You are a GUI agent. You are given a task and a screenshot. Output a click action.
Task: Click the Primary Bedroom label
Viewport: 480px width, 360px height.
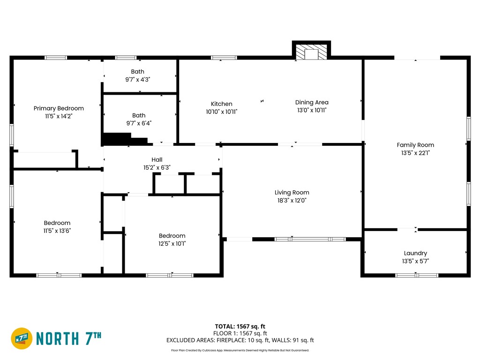click(59, 108)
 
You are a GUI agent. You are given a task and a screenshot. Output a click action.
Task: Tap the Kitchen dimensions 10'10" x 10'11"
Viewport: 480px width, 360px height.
click(222, 112)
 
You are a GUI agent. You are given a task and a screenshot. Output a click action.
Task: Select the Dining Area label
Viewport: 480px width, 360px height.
click(312, 102)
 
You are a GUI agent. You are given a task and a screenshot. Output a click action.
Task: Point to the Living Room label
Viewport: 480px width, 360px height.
click(292, 193)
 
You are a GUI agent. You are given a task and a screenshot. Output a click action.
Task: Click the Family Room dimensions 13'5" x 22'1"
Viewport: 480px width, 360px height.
click(415, 153)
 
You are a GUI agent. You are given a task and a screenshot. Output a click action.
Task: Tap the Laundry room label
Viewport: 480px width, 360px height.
click(415, 253)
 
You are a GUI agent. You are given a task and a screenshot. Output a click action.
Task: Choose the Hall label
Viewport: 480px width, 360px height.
click(157, 159)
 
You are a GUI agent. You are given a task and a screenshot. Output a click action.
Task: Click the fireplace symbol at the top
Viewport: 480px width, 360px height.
click(311, 52)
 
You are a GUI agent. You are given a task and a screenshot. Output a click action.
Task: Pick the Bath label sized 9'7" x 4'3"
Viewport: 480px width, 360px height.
click(137, 72)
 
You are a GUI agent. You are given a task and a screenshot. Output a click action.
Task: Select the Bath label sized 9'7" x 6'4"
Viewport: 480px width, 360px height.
click(139, 115)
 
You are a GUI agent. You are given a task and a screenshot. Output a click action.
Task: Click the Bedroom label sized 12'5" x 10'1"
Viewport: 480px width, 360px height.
click(172, 236)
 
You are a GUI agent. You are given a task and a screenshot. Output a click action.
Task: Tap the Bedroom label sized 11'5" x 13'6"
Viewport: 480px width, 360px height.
click(57, 223)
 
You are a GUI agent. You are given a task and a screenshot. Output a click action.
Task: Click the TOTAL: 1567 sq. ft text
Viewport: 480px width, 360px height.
click(240, 326)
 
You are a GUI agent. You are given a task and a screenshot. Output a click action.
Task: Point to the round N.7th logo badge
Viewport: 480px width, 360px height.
click(22, 338)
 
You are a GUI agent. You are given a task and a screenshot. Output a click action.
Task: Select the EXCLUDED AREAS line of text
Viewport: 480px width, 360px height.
click(240, 340)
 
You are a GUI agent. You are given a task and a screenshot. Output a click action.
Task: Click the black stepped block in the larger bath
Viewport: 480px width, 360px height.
click(126, 139)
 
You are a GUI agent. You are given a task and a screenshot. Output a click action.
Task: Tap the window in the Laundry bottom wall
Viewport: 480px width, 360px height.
click(417, 275)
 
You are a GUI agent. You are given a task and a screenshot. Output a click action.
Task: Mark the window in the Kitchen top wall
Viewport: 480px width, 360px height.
click(224, 58)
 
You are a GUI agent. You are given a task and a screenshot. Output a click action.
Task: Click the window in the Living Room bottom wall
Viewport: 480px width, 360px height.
click(310, 239)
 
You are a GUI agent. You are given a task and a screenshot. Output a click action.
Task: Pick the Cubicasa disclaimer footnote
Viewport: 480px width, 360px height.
click(240, 350)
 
